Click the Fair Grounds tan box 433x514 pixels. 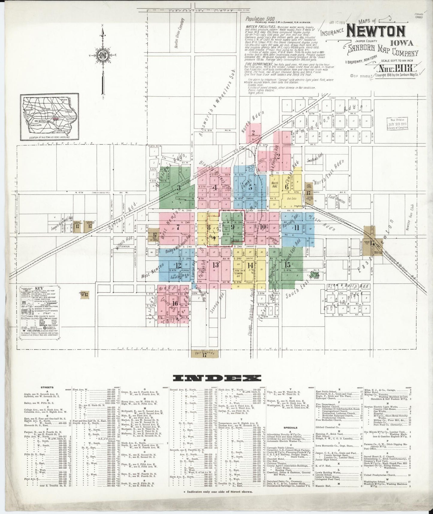point(205,354)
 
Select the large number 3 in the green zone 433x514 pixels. point(179,188)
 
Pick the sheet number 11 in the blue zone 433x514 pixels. point(297,227)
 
